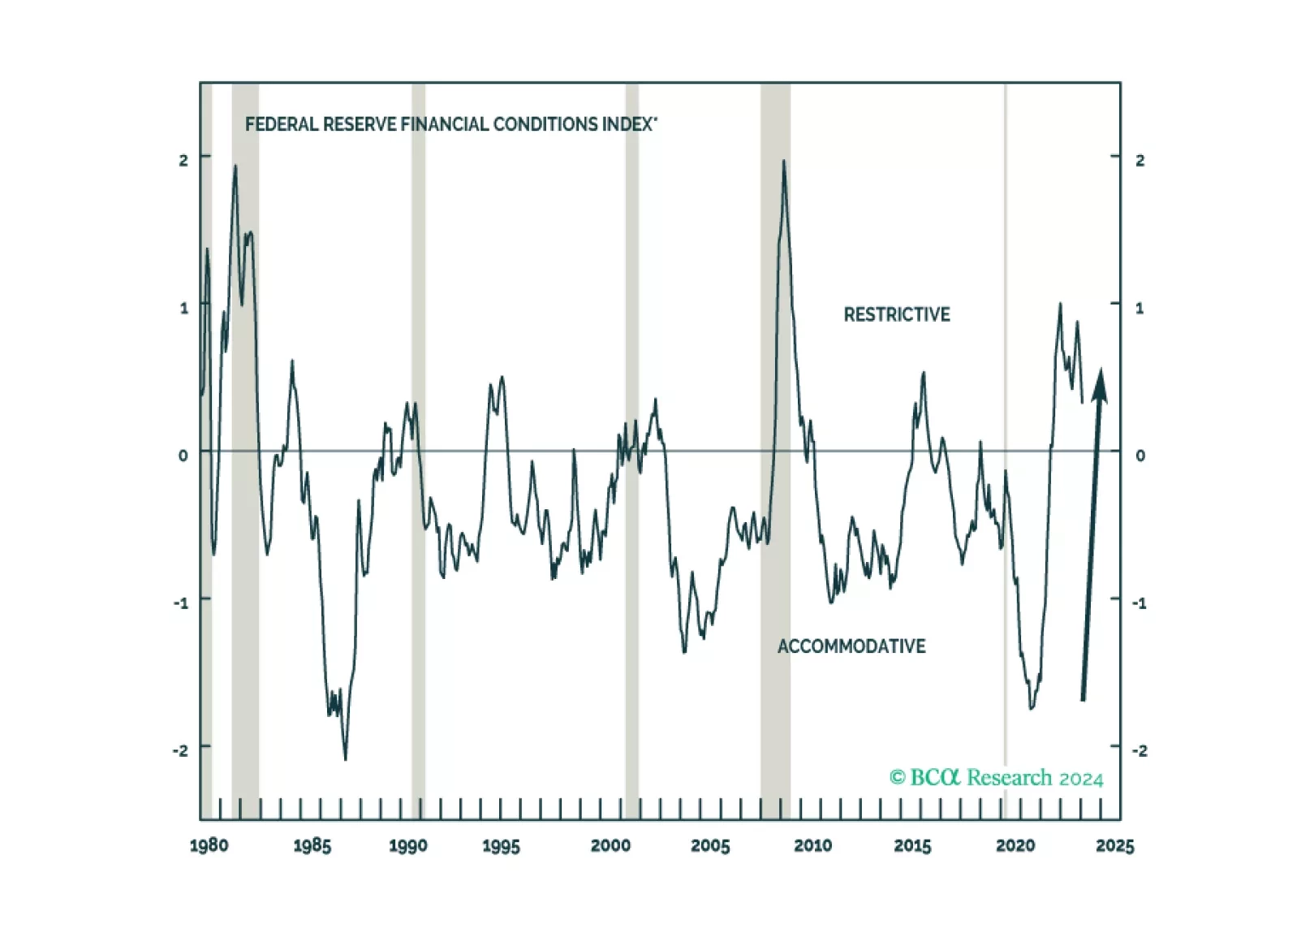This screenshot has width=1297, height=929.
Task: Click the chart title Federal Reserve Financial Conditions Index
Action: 450,124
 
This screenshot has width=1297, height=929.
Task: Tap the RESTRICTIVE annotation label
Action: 896,314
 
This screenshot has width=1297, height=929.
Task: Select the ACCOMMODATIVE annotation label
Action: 851,646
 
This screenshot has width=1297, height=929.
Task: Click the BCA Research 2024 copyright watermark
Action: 996,778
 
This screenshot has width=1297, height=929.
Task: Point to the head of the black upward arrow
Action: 1100,383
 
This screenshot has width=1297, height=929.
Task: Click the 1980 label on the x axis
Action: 209,845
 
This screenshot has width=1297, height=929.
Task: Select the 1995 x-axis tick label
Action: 501,845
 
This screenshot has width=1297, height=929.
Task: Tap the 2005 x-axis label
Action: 710,845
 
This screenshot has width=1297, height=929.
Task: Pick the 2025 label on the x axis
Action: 1114,845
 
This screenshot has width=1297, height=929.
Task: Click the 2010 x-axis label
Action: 812,845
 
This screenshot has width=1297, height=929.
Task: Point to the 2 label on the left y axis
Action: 183,160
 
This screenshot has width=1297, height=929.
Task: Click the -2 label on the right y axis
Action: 1140,750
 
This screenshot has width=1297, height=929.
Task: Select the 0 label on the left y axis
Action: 183,455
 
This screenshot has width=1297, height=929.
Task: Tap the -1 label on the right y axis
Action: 1140,603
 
